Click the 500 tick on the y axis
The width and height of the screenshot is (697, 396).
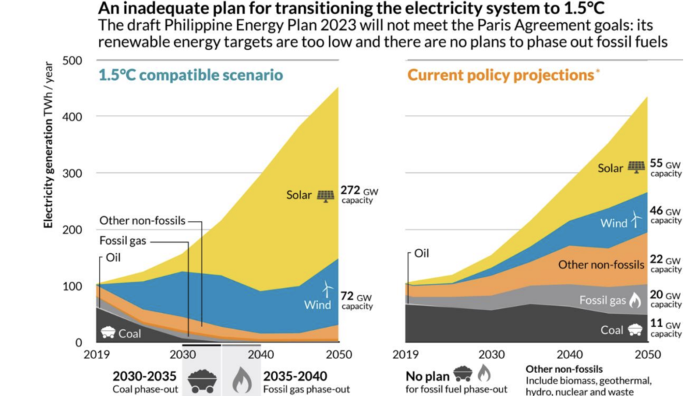pos(72,60)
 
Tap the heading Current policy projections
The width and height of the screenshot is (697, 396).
pos(499,75)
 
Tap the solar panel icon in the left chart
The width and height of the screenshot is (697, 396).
pos(325,195)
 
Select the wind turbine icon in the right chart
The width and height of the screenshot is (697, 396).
pos(636,219)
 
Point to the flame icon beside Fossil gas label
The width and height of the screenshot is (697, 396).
pos(634,300)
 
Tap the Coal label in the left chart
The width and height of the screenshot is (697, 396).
pos(130,334)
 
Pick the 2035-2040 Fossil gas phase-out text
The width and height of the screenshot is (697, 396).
pos(307,381)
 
